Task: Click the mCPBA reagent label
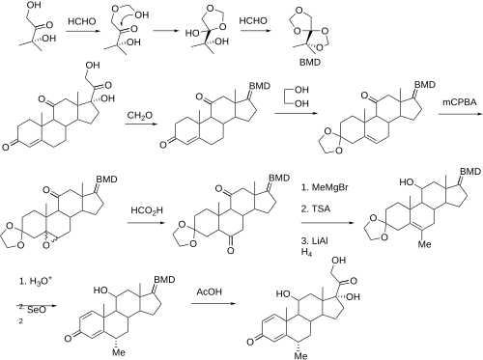click(459, 102)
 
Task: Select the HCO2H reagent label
click(147, 210)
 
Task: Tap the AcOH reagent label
click(210, 291)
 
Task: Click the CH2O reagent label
click(140, 116)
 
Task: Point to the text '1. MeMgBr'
click(325, 187)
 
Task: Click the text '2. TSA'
click(316, 208)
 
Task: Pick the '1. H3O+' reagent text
click(36, 281)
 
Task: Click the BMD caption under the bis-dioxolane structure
click(310, 62)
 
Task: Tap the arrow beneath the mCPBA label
click(459, 114)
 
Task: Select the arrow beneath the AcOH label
click(213, 303)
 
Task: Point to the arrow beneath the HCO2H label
click(147, 223)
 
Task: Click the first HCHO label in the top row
click(82, 21)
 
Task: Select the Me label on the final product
click(301, 355)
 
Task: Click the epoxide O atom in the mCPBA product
click(47, 246)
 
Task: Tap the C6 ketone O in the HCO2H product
click(231, 250)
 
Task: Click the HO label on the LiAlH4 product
click(407, 182)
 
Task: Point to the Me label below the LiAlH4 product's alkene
click(424, 244)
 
